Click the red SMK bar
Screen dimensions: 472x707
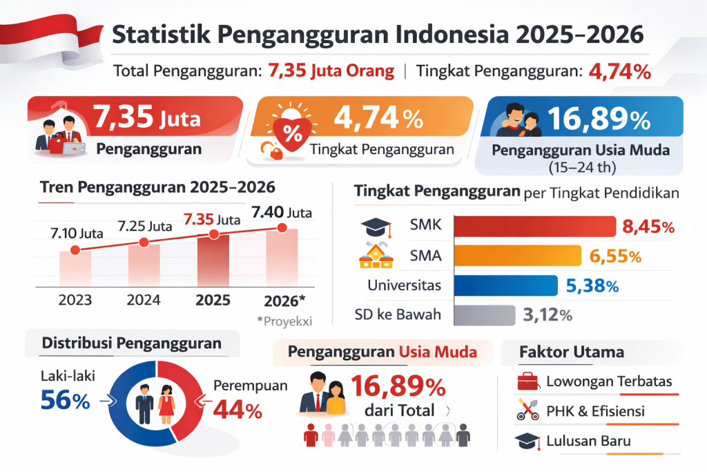[x=534, y=227]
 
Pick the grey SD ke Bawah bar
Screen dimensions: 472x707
[x=484, y=315]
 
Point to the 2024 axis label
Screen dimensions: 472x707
[x=144, y=300]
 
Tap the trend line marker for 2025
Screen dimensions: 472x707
[x=213, y=235]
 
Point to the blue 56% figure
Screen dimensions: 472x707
[x=65, y=400]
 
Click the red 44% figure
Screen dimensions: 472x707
[x=238, y=410]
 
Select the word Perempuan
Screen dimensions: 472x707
[x=250, y=386]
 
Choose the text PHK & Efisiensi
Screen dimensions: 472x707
[x=595, y=411]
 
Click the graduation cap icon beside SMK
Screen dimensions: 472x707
[x=376, y=227]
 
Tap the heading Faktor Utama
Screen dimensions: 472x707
[x=571, y=352]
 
